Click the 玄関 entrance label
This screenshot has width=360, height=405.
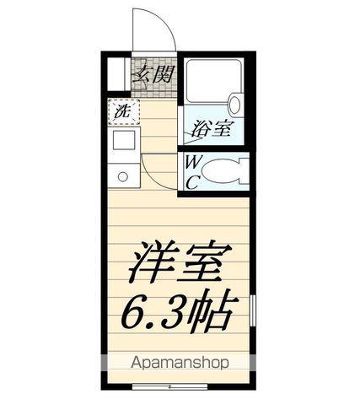coord(154,73)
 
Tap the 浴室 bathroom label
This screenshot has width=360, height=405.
coord(211,129)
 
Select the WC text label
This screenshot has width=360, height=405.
coord(193,172)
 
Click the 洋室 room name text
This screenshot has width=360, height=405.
coord(180,262)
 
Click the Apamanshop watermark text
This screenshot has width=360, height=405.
coord(180,363)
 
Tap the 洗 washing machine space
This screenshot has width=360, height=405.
coord(124,112)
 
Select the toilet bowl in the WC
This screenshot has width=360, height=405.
coord(222,172)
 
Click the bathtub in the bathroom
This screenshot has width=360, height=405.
coord(214,81)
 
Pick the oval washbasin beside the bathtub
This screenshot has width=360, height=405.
coord(236,104)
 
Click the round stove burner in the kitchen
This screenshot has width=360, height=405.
coord(123,177)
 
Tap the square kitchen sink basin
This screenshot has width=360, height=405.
coord(124,140)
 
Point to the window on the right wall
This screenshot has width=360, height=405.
coord(253,310)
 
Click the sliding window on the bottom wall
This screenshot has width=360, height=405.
coord(169,386)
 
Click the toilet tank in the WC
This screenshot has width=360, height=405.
coord(244,172)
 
